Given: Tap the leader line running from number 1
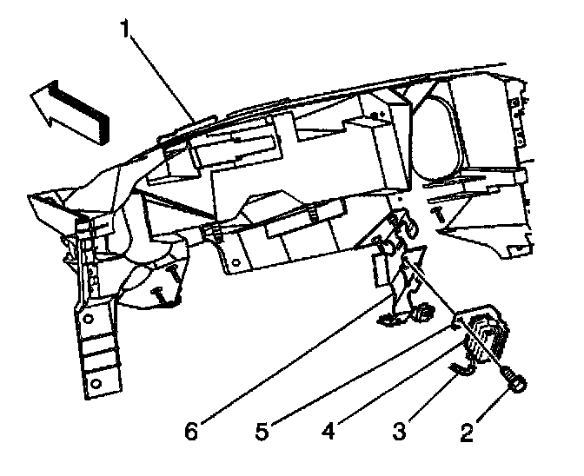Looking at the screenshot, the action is click(x=164, y=79).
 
